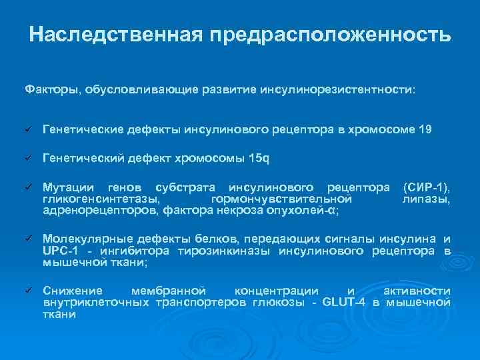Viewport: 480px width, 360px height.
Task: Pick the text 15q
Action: click(x=259, y=158)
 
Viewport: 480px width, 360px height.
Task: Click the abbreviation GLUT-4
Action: click(x=344, y=303)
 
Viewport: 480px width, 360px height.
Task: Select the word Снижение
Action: click(x=73, y=291)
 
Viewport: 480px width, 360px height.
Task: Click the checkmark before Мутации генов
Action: click(x=28, y=187)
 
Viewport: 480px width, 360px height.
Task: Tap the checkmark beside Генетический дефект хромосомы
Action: click(x=28, y=158)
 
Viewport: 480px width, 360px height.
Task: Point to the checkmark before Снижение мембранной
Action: click(x=28, y=291)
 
